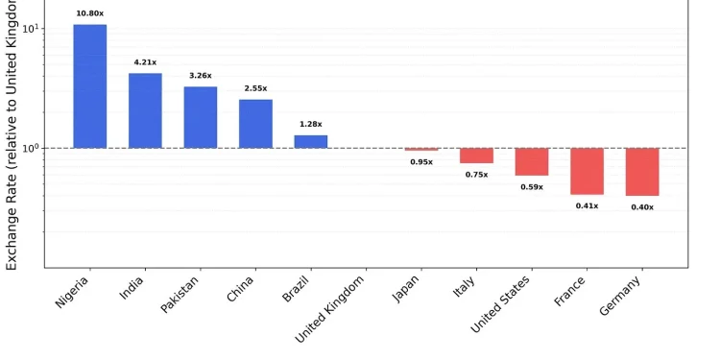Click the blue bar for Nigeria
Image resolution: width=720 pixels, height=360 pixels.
point(89,86)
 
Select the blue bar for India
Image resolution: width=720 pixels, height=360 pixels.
point(145,110)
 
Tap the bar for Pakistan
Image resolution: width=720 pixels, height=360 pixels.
point(200,117)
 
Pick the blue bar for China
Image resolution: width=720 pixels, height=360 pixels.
point(255,124)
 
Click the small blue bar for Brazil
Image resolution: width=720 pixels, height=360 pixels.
point(310,141)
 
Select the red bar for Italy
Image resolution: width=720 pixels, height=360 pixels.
point(476,156)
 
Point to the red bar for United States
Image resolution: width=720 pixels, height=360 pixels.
point(531,162)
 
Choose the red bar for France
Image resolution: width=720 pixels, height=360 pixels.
point(587,171)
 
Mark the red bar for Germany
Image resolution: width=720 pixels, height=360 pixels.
point(641,172)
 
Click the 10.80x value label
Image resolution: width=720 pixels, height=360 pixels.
point(89,13)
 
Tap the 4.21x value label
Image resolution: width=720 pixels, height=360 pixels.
point(145,62)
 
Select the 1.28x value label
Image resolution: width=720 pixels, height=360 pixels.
point(310,124)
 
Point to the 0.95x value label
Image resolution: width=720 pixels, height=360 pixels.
point(421,162)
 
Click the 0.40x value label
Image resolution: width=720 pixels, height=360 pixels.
point(642,207)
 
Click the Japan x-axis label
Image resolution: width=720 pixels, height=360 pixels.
point(406,290)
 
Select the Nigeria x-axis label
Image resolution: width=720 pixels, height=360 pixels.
point(72,292)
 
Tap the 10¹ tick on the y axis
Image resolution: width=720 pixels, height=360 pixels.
point(30,29)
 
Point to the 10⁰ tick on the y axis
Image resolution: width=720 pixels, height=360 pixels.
point(30,149)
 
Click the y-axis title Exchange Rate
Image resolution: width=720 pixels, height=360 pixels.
point(12,134)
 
